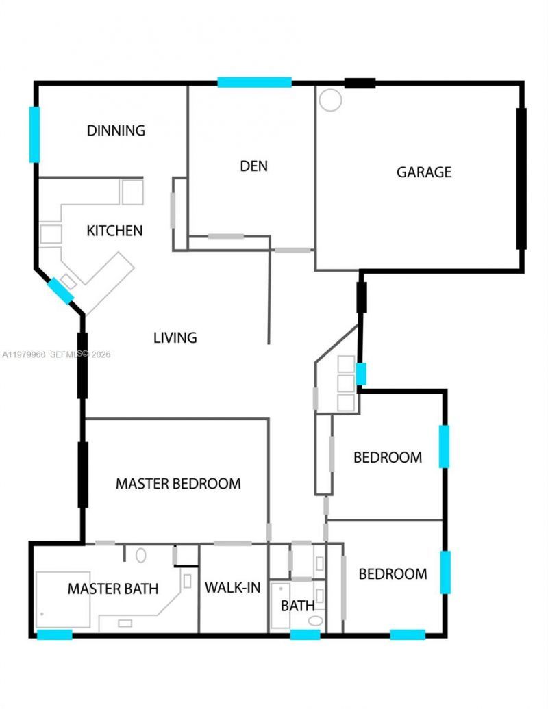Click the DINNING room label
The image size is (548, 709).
[x=116, y=130]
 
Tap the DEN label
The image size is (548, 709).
[x=253, y=166]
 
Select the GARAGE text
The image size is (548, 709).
[x=424, y=172]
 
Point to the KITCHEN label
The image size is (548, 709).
[x=114, y=231]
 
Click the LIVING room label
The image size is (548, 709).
[x=175, y=337]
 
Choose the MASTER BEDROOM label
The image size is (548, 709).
[x=178, y=484]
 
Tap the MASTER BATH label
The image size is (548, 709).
[x=113, y=589]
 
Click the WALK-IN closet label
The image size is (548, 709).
[x=233, y=587]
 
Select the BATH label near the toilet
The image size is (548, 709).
[x=298, y=606]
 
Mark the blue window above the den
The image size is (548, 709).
[x=255, y=82]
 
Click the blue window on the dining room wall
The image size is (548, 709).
[x=34, y=134]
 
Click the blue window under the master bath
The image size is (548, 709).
[x=54, y=634]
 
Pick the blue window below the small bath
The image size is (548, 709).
[x=305, y=634]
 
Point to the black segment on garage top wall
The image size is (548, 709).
[x=360, y=83]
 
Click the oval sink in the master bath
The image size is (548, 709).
[x=141, y=555]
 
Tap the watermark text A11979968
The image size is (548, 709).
[x=25, y=354]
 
